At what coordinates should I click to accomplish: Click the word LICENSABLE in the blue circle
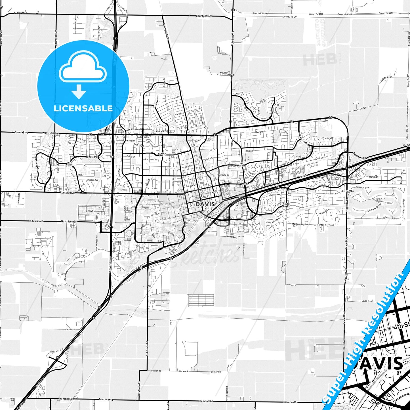pyautogui.click(x=83, y=108)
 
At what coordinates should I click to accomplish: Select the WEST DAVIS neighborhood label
pyautogui.click(x=70, y=164)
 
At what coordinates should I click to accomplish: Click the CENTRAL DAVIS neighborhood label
pyautogui.click(x=162, y=155)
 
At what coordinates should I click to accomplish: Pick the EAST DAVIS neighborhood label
pyautogui.click(x=242, y=165)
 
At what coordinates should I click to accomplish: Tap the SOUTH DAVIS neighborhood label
pyautogui.click(x=286, y=205)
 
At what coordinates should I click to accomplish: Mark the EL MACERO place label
pyautogui.click(x=348, y=191)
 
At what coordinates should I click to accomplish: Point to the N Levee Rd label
pyautogui.click(x=365, y=301)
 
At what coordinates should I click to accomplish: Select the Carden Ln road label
pyautogui.click(x=70, y=329)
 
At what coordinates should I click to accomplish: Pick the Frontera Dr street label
pyautogui.click(x=328, y=138)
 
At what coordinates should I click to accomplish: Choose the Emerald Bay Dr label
pyautogui.click(x=273, y=220)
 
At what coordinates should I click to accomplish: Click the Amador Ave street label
pyautogui.click(x=92, y=180)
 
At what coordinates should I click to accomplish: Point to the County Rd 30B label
pyautogui.click(x=359, y=109)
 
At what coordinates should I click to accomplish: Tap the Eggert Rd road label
pyautogui.click(x=227, y=391)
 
